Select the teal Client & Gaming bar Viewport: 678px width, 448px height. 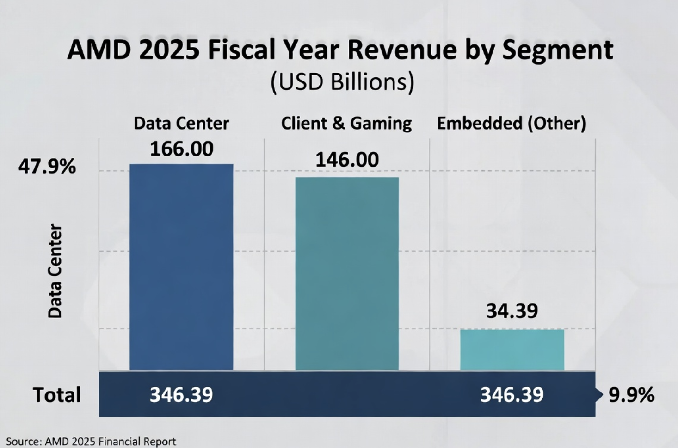(x=347, y=273)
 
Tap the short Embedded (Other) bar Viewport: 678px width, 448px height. (x=512, y=349)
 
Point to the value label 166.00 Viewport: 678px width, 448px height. (x=181, y=149)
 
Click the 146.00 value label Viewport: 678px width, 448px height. (x=347, y=160)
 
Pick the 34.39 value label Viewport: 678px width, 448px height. (x=512, y=311)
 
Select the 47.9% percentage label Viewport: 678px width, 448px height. (x=47, y=167)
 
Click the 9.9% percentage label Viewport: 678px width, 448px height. (x=631, y=395)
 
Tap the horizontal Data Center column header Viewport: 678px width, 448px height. (x=181, y=124)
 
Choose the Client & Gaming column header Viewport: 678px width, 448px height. (x=346, y=124)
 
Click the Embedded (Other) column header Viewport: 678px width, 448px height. (x=512, y=124)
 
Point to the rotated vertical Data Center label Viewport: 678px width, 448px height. (x=55, y=271)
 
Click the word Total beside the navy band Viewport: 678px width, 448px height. (x=56, y=395)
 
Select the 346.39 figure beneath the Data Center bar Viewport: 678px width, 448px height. (x=181, y=395)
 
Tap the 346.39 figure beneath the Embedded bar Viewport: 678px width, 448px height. (x=512, y=395)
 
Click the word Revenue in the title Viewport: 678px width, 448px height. (x=402, y=50)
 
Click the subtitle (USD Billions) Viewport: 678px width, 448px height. (x=342, y=82)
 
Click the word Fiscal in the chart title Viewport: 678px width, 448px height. (x=240, y=50)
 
